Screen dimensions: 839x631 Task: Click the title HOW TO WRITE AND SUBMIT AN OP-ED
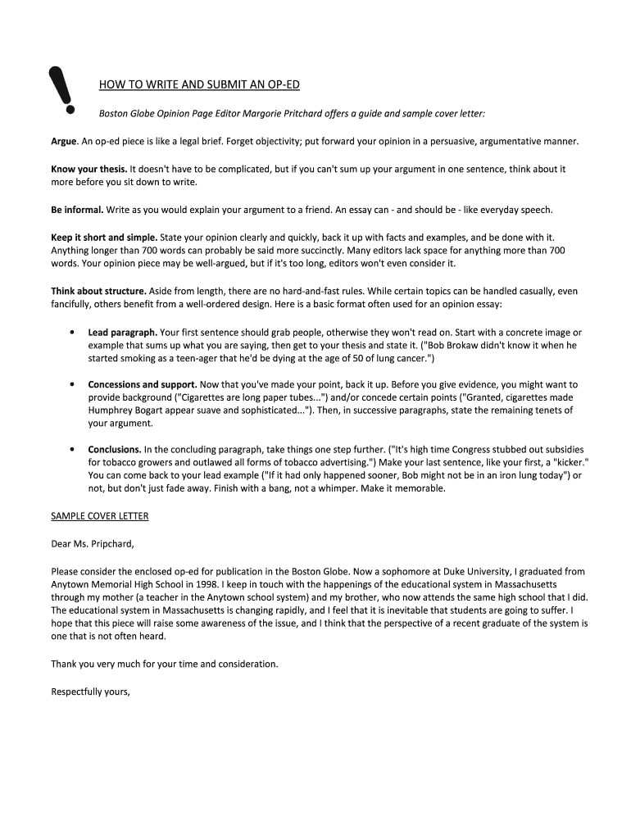point(199,84)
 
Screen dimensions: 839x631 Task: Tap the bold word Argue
point(64,142)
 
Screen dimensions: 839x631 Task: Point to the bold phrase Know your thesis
point(88,168)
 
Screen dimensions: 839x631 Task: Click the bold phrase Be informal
point(77,209)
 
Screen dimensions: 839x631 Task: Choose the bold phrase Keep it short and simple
point(104,237)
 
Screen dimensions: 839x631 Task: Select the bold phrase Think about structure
point(99,291)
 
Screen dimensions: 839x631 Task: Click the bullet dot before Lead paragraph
point(73,333)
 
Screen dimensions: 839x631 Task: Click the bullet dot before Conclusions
point(73,450)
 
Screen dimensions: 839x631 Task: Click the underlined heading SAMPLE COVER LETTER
point(100,516)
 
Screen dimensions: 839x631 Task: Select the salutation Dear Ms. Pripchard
point(92,542)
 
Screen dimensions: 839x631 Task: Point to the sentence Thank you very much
point(165,664)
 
